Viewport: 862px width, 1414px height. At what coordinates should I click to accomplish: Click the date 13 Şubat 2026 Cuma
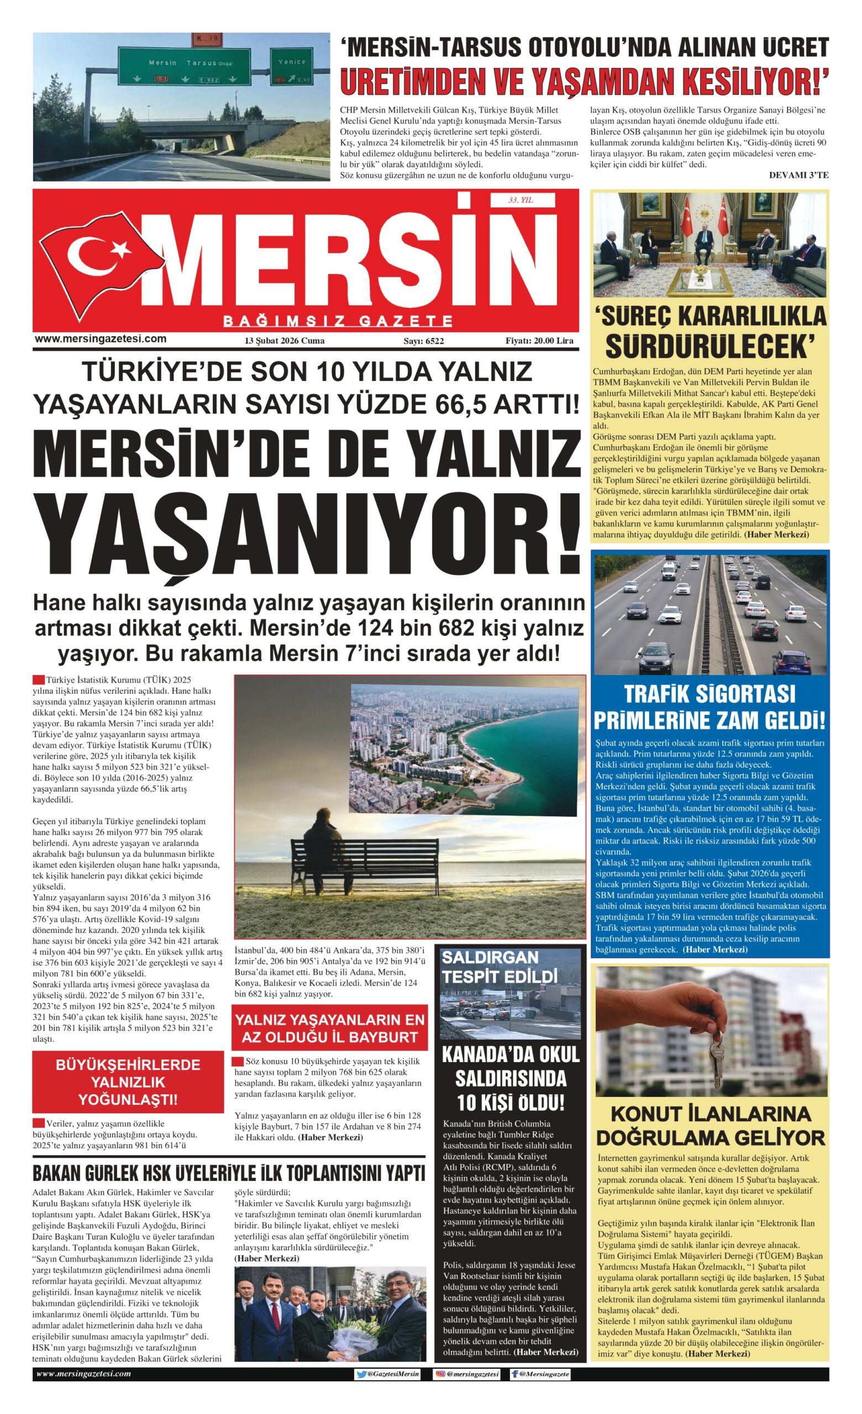(284, 341)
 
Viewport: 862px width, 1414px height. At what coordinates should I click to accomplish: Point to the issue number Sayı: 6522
(423, 341)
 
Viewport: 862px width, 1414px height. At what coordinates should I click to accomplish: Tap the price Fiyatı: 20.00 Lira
(539, 341)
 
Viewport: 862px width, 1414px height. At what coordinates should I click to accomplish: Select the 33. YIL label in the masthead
(521, 201)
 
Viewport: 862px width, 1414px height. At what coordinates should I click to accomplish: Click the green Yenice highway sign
(292, 67)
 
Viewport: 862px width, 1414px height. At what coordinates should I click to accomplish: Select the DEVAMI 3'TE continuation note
(798, 175)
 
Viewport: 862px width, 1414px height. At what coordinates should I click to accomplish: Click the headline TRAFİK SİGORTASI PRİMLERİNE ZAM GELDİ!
(709, 707)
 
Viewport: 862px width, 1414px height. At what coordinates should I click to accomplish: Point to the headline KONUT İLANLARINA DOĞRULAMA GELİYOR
(711, 1126)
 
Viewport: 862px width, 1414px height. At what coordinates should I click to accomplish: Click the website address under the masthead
(101, 339)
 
